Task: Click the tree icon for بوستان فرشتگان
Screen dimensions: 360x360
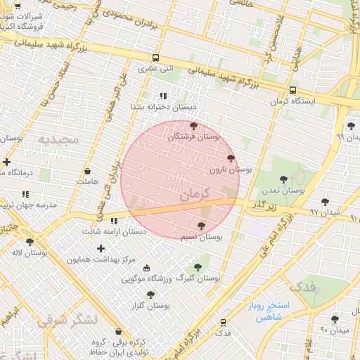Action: click(x=194, y=125)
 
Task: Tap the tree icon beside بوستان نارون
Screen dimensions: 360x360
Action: click(x=231, y=158)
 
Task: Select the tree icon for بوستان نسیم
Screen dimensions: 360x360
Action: click(x=202, y=226)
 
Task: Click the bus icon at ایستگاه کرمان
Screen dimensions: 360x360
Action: click(x=292, y=90)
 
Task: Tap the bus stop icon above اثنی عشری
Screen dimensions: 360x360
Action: click(x=155, y=58)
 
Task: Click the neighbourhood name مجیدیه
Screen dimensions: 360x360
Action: click(x=64, y=139)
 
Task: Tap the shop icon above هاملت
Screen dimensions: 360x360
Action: click(x=87, y=171)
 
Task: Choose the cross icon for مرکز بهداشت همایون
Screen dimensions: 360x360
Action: click(x=101, y=248)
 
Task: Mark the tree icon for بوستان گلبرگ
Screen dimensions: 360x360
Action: click(x=198, y=267)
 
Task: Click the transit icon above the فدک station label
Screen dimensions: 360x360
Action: click(x=223, y=322)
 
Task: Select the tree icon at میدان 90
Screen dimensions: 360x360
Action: click(x=335, y=319)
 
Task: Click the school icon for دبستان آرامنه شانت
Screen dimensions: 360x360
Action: click(x=114, y=221)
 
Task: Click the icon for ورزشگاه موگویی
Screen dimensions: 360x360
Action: click(x=146, y=267)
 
